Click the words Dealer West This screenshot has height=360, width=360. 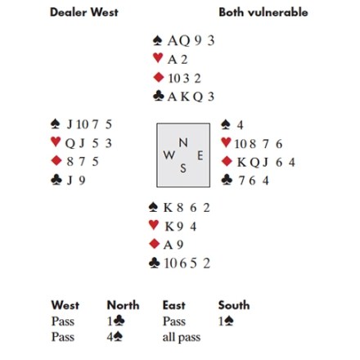pos(84,12)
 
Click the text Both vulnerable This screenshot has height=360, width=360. pos(263,12)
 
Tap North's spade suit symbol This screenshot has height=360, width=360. pos(157,41)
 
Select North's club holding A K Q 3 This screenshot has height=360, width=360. pos(191,97)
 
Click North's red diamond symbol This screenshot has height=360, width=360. pos(159,78)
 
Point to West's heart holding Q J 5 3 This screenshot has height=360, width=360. pos(88,143)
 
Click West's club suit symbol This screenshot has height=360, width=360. pos(56,180)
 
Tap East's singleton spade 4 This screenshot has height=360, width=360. pos(240,125)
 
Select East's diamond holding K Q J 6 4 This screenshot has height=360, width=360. pos(266,162)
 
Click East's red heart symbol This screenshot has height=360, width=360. pos(226,142)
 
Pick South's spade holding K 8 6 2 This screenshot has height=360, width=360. pos(187,208)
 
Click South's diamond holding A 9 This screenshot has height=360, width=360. pos(173,245)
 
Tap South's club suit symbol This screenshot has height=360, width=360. pos(154,263)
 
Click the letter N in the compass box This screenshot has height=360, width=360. pos(183,142)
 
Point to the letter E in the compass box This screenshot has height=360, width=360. pos(200,155)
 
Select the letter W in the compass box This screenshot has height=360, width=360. pos(169,155)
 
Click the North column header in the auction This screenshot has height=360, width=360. pos(123,305)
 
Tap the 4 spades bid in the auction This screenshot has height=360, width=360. pos(115,337)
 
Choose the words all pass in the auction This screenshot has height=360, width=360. pos(182,337)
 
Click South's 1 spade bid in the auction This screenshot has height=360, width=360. pos(226,322)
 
